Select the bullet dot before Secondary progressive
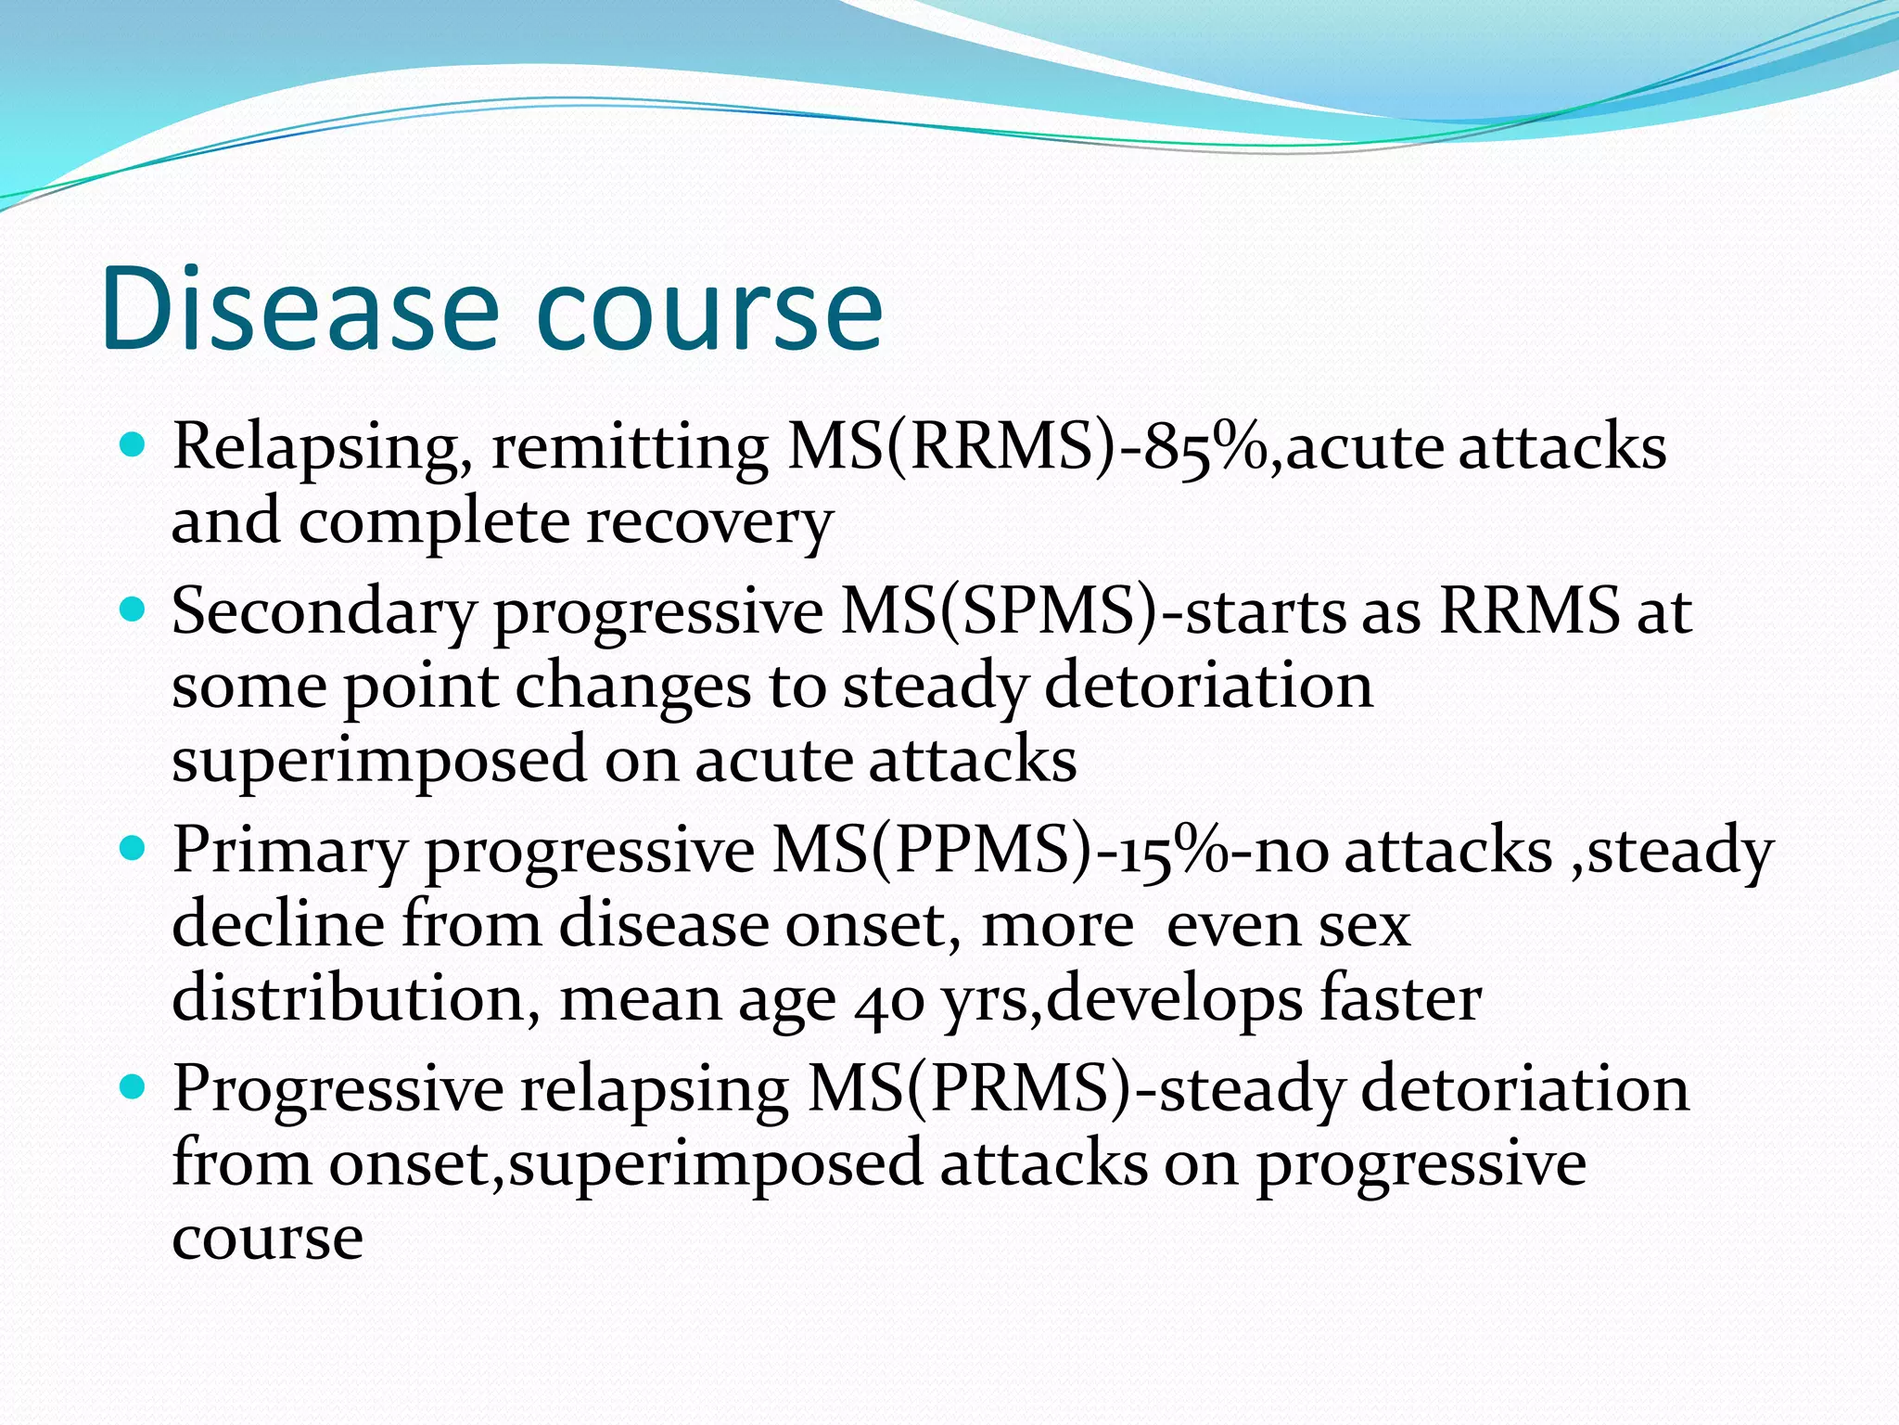tap(134, 610)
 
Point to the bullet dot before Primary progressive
tap(134, 848)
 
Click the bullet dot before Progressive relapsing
tap(134, 1086)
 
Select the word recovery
tap(708, 522)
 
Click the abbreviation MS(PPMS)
tap(933, 851)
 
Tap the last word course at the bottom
tap(267, 1239)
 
